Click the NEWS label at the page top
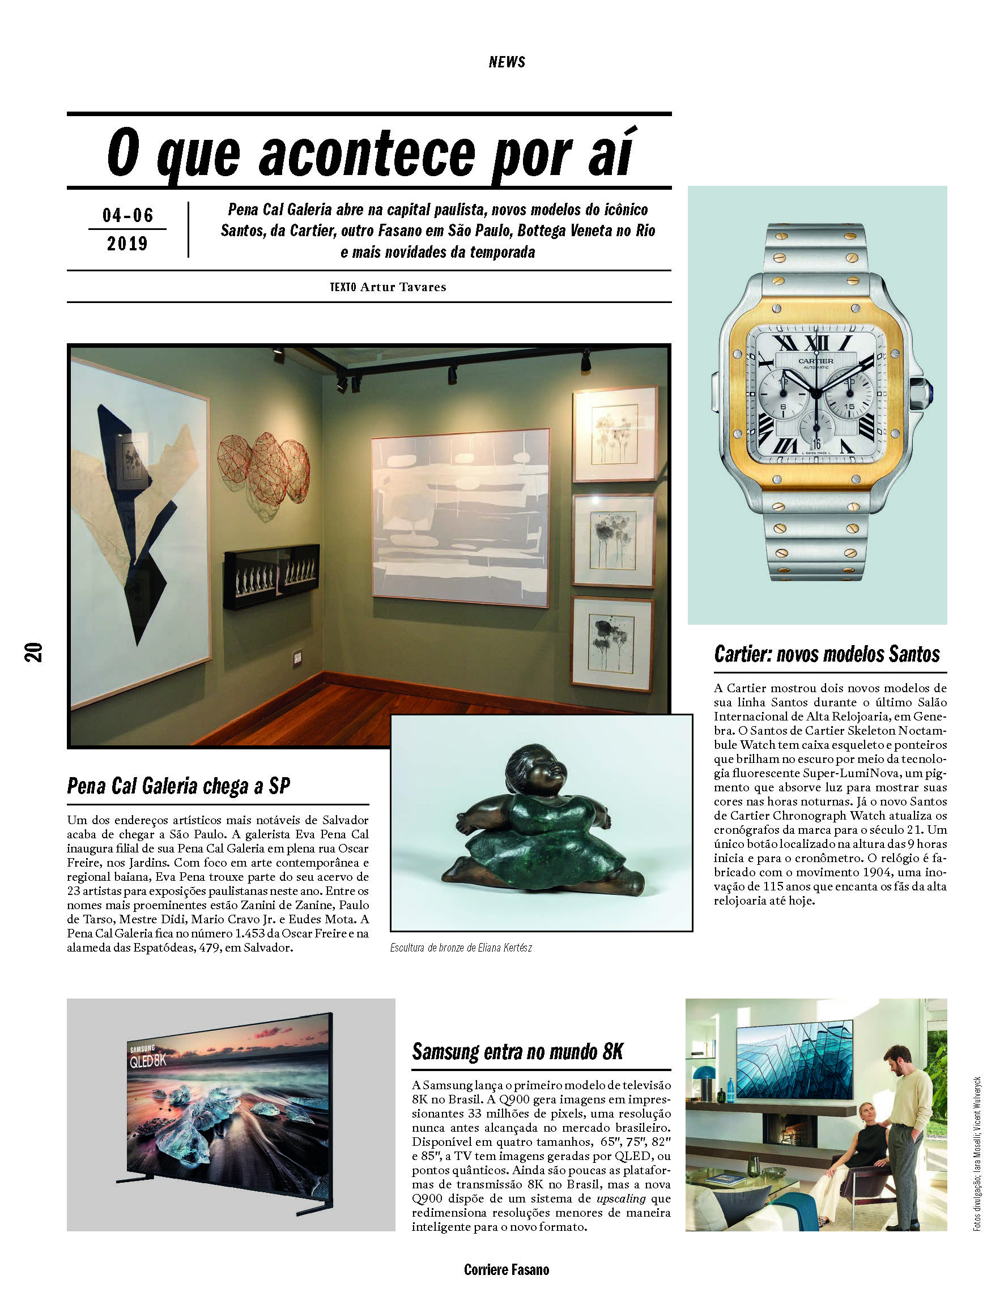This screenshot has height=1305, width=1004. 506,62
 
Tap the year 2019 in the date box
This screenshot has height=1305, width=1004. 127,244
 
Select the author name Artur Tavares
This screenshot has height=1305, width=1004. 403,287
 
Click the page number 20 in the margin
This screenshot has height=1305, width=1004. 33,651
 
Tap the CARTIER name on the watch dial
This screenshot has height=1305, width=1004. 816,361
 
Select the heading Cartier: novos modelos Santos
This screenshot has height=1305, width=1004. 827,655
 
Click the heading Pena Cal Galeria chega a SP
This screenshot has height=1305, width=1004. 178,786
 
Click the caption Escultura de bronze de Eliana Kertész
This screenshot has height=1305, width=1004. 461,948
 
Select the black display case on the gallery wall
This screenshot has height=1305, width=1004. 271,576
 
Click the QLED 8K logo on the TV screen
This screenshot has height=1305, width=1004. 148,1060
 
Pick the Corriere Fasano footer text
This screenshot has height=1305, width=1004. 506,1270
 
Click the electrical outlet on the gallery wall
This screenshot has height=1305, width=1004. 297,659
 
